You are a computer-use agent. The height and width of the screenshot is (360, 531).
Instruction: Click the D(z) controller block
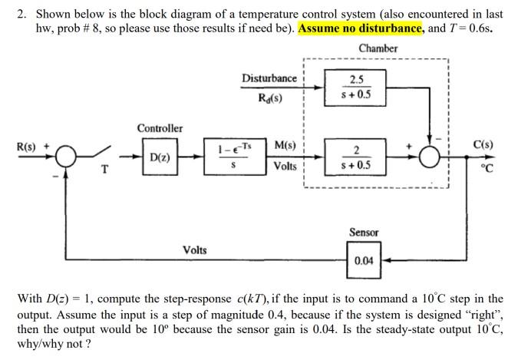(x=160, y=158)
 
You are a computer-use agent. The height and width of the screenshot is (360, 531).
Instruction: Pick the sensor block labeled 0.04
(x=364, y=260)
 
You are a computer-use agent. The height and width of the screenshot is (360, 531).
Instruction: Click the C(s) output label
(x=483, y=144)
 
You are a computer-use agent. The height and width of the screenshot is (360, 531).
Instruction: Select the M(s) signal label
(x=285, y=145)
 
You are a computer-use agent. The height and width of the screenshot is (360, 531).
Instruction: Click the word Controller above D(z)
(x=160, y=127)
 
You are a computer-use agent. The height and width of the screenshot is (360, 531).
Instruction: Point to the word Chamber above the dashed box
(x=378, y=48)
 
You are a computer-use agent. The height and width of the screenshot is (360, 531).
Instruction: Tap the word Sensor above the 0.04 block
(x=364, y=231)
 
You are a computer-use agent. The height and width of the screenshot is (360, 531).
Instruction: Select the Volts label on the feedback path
(x=195, y=249)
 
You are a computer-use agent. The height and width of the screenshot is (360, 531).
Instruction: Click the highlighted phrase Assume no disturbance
(x=361, y=28)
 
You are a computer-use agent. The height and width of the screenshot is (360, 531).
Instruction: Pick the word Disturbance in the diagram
(x=269, y=78)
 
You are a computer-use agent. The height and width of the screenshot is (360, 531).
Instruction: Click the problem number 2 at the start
(x=21, y=14)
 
